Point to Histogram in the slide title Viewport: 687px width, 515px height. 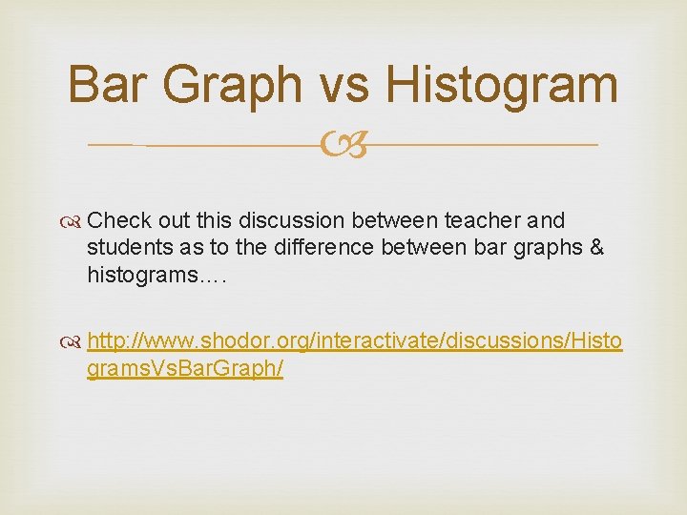pyautogui.click(x=501, y=86)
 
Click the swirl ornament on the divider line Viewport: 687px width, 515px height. pyautogui.click(x=343, y=146)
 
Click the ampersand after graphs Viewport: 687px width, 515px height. pyautogui.click(x=596, y=248)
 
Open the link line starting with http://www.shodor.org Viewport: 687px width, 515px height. pyautogui.click(x=354, y=341)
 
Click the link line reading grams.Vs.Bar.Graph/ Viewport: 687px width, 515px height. pyautogui.click(x=185, y=368)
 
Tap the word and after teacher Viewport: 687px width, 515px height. pyautogui.click(x=546, y=221)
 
